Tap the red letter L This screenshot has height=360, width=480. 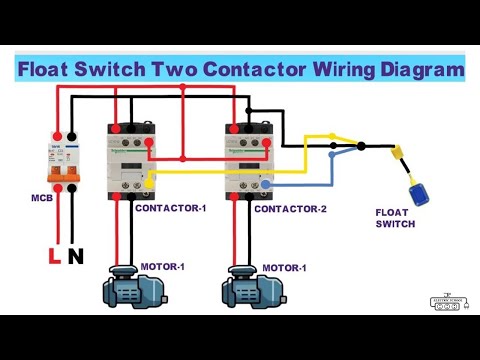pos(54,257)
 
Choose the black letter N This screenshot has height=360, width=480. pos(75,257)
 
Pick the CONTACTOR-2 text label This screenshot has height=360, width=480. pos(290,209)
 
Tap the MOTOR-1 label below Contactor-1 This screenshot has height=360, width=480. pos(163,266)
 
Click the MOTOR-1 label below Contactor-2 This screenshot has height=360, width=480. pos(284,268)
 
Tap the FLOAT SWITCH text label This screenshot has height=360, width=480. pos(395,218)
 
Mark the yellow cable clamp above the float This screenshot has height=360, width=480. pos(398,154)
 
